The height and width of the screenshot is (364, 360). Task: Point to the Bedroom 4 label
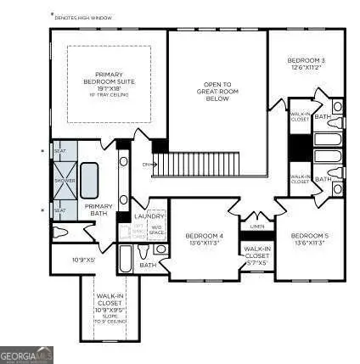point(204,238)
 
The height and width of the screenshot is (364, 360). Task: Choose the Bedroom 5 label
point(309,238)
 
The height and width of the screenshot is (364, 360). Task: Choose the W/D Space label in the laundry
point(156,228)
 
